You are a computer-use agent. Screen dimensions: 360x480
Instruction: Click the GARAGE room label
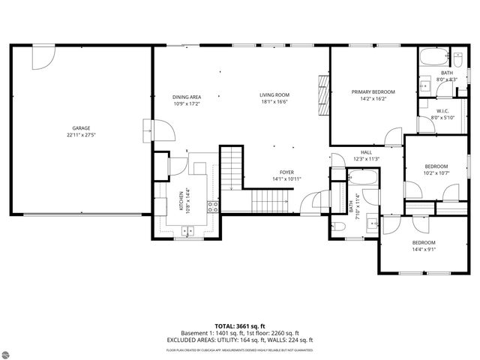pyautogui.click(x=81, y=127)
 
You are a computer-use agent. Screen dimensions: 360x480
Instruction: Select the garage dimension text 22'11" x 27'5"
pyautogui.click(x=81, y=135)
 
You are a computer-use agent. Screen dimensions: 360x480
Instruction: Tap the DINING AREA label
pyautogui.click(x=187, y=97)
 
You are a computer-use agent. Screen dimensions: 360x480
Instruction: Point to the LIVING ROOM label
pyautogui.click(x=274, y=94)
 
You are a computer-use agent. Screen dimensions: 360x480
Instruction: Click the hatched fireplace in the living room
pyautogui.click(x=324, y=95)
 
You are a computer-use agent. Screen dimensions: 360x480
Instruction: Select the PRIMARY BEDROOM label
pyautogui.click(x=373, y=91)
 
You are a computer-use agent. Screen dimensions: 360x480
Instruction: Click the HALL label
pyautogui.click(x=366, y=152)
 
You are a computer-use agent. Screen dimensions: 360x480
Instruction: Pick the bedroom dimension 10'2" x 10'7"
pyautogui.click(x=436, y=173)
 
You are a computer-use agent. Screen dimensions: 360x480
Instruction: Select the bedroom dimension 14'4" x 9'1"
pyautogui.click(x=423, y=249)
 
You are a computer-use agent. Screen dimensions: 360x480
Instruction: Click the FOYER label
pyautogui.click(x=286, y=172)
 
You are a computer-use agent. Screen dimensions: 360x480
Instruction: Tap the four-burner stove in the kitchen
pyautogui.click(x=213, y=206)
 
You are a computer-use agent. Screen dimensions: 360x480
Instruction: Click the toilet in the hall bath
pyautogui.click(x=338, y=226)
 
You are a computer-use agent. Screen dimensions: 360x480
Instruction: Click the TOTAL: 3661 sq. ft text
pyautogui.click(x=239, y=326)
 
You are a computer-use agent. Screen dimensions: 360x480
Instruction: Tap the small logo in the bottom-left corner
pyautogui.click(x=13, y=349)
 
